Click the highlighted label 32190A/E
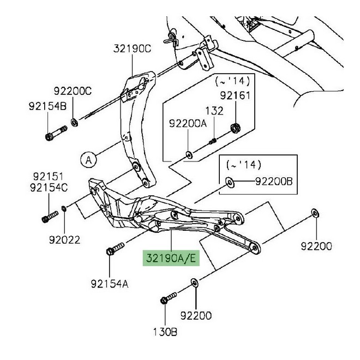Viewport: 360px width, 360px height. tap(171, 258)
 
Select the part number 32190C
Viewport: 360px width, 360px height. tap(132, 49)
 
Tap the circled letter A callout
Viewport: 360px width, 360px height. tap(88, 160)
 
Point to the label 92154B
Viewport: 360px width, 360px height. tap(48, 106)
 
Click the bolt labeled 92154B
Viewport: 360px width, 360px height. tap(56, 133)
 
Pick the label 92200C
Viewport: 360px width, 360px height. tap(73, 91)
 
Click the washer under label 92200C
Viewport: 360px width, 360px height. tap(74, 122)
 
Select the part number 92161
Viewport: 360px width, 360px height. tap(235, 95)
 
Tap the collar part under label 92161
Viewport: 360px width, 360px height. tap(235, 128)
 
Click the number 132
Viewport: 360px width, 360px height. tap(214, 111)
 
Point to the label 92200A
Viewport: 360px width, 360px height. tap(188, 123)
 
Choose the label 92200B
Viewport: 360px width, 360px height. tap(274, 182)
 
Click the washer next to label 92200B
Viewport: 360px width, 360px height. tap(230, 182)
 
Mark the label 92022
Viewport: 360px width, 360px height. tap(64, 240)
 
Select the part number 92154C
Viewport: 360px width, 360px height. tap(49, 188)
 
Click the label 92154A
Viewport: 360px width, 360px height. tap(110, 284)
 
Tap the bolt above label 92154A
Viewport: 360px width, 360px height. tap(115, 249)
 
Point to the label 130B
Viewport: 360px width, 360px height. tap(165, 332)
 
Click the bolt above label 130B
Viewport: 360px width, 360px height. tap(169, 298)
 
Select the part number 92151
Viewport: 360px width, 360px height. tap(48, 177)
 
